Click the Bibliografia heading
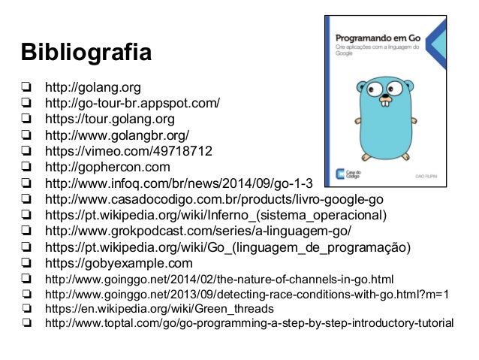(x=86, y=55)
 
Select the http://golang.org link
(x=92, y=87)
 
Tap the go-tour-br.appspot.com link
(x=132, y=103)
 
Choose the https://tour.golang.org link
(x=110, y=119)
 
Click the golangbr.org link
(x=116, y=135)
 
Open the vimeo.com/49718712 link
(x=128, y=151)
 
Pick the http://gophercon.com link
(x=107, y=167)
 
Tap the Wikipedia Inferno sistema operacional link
(x=216, y=215)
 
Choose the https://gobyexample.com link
(x=119, y=263)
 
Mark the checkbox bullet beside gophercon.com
(x=26, y=167)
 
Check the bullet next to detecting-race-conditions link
(x=26, y=294)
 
